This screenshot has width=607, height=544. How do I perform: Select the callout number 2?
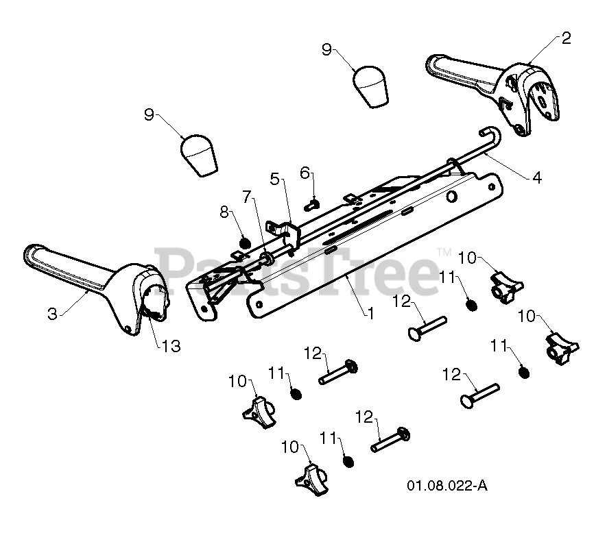566,38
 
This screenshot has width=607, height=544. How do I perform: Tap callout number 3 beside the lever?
52,314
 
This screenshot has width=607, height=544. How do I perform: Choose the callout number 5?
274,180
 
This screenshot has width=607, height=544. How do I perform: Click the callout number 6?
305,174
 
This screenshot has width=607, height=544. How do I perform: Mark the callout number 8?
224,212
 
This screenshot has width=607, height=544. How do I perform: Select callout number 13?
171,347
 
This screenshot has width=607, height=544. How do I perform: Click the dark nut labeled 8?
243,242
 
